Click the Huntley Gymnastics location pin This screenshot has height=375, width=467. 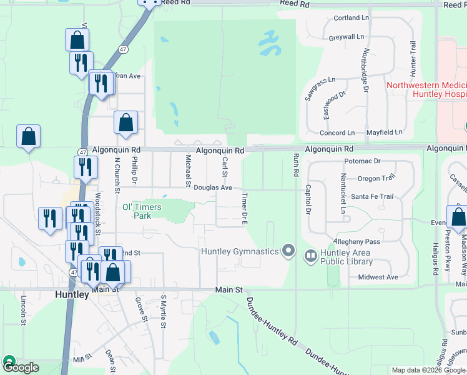(288, 251)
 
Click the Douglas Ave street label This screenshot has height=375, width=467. (212, 187)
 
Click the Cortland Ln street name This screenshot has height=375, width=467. (351, 18)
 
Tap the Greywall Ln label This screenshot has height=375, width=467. (346, 37)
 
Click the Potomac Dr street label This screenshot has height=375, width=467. (361, 161)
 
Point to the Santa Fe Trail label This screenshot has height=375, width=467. (372, 196)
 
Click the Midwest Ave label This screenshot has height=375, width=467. (378, 277)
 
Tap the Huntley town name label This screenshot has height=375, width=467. (72, 294)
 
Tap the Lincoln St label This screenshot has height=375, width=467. (23, 311)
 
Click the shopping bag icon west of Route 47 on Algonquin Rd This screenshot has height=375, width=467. (29, 136)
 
